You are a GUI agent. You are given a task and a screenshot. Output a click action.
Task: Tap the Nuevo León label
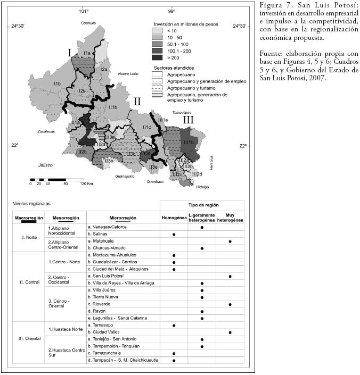[128, 73]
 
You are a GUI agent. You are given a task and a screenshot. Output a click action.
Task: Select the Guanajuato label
[126, 176]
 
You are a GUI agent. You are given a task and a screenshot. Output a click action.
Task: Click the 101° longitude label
[83, 11]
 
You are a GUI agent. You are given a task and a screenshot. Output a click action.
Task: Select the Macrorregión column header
[29, 218]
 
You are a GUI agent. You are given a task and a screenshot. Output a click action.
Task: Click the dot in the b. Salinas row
[174, 234]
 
